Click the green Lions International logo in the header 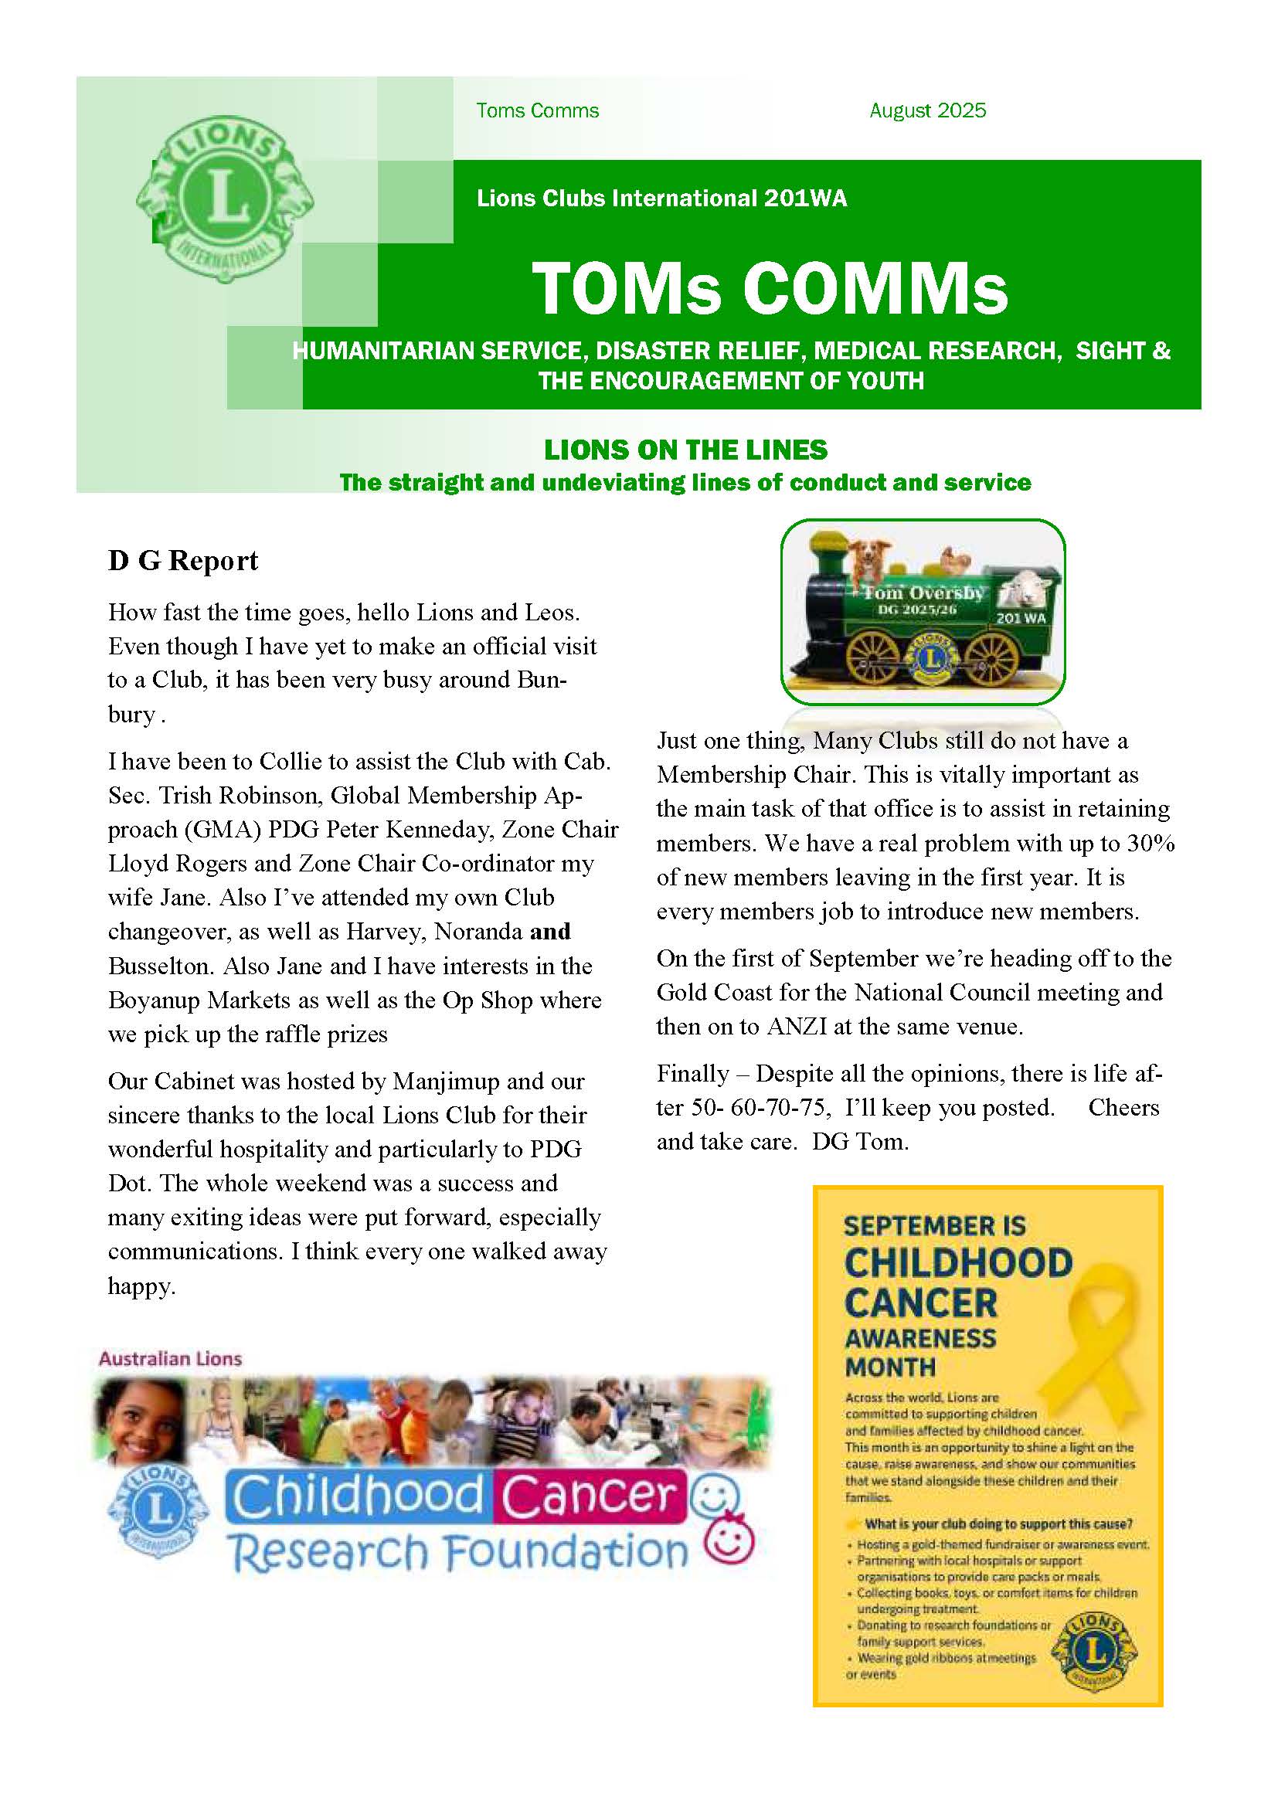224,200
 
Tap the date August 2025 927,111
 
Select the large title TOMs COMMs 769,288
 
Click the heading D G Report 183,561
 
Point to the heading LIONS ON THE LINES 685,450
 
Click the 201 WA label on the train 1021,618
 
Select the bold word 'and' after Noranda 550,932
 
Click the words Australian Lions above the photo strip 170,1358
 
